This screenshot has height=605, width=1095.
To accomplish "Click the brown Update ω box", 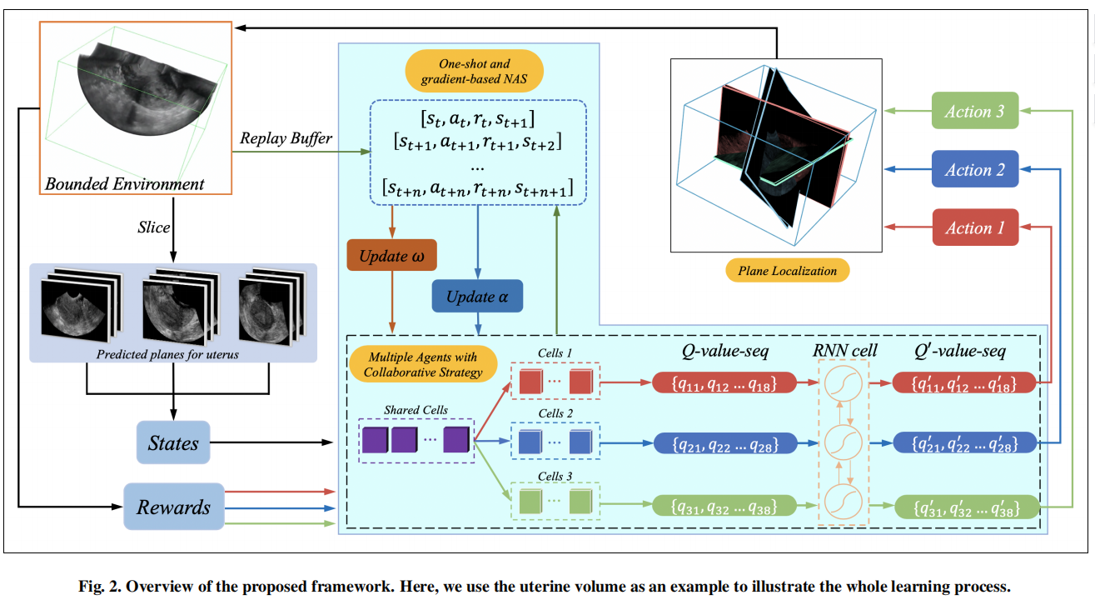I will pos(391,257).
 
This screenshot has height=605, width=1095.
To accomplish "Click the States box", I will pos(173,442).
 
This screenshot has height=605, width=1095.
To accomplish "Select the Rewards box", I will pos(173,507).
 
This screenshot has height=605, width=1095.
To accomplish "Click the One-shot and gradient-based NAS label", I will pos(475,71).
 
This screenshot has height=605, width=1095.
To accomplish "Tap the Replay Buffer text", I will pos(286,138).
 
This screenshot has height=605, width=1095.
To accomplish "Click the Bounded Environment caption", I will pos(125,183).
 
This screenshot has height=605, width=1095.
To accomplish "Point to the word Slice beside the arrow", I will pos(154,227).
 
